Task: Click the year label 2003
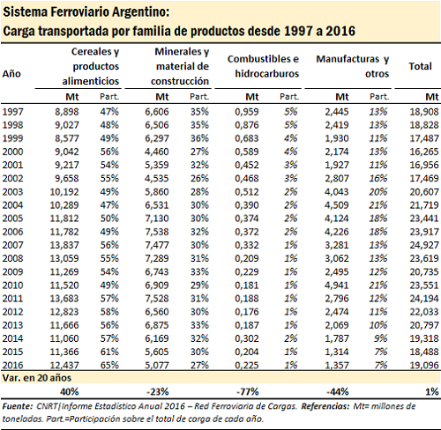(12, 192)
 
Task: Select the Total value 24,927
(424, 245)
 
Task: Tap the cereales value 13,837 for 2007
(64, 245)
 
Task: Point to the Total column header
(420, 66)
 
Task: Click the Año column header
(11, 73)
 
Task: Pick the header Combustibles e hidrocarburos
(263, 66)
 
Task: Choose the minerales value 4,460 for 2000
(157, 152)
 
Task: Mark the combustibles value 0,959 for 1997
(247, 112)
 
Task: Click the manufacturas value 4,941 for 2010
(337, 285)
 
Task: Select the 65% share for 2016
(109, 365)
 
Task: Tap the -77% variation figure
(248, 391)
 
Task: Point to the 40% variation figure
(70, 391)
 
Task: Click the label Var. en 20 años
(37, 378)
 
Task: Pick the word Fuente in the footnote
(18, 406)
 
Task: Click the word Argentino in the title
(146, 12)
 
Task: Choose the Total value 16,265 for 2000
(424, 152)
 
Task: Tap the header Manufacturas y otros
(353, 66)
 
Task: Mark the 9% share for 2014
(380, 338)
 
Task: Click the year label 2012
(12, 312)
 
